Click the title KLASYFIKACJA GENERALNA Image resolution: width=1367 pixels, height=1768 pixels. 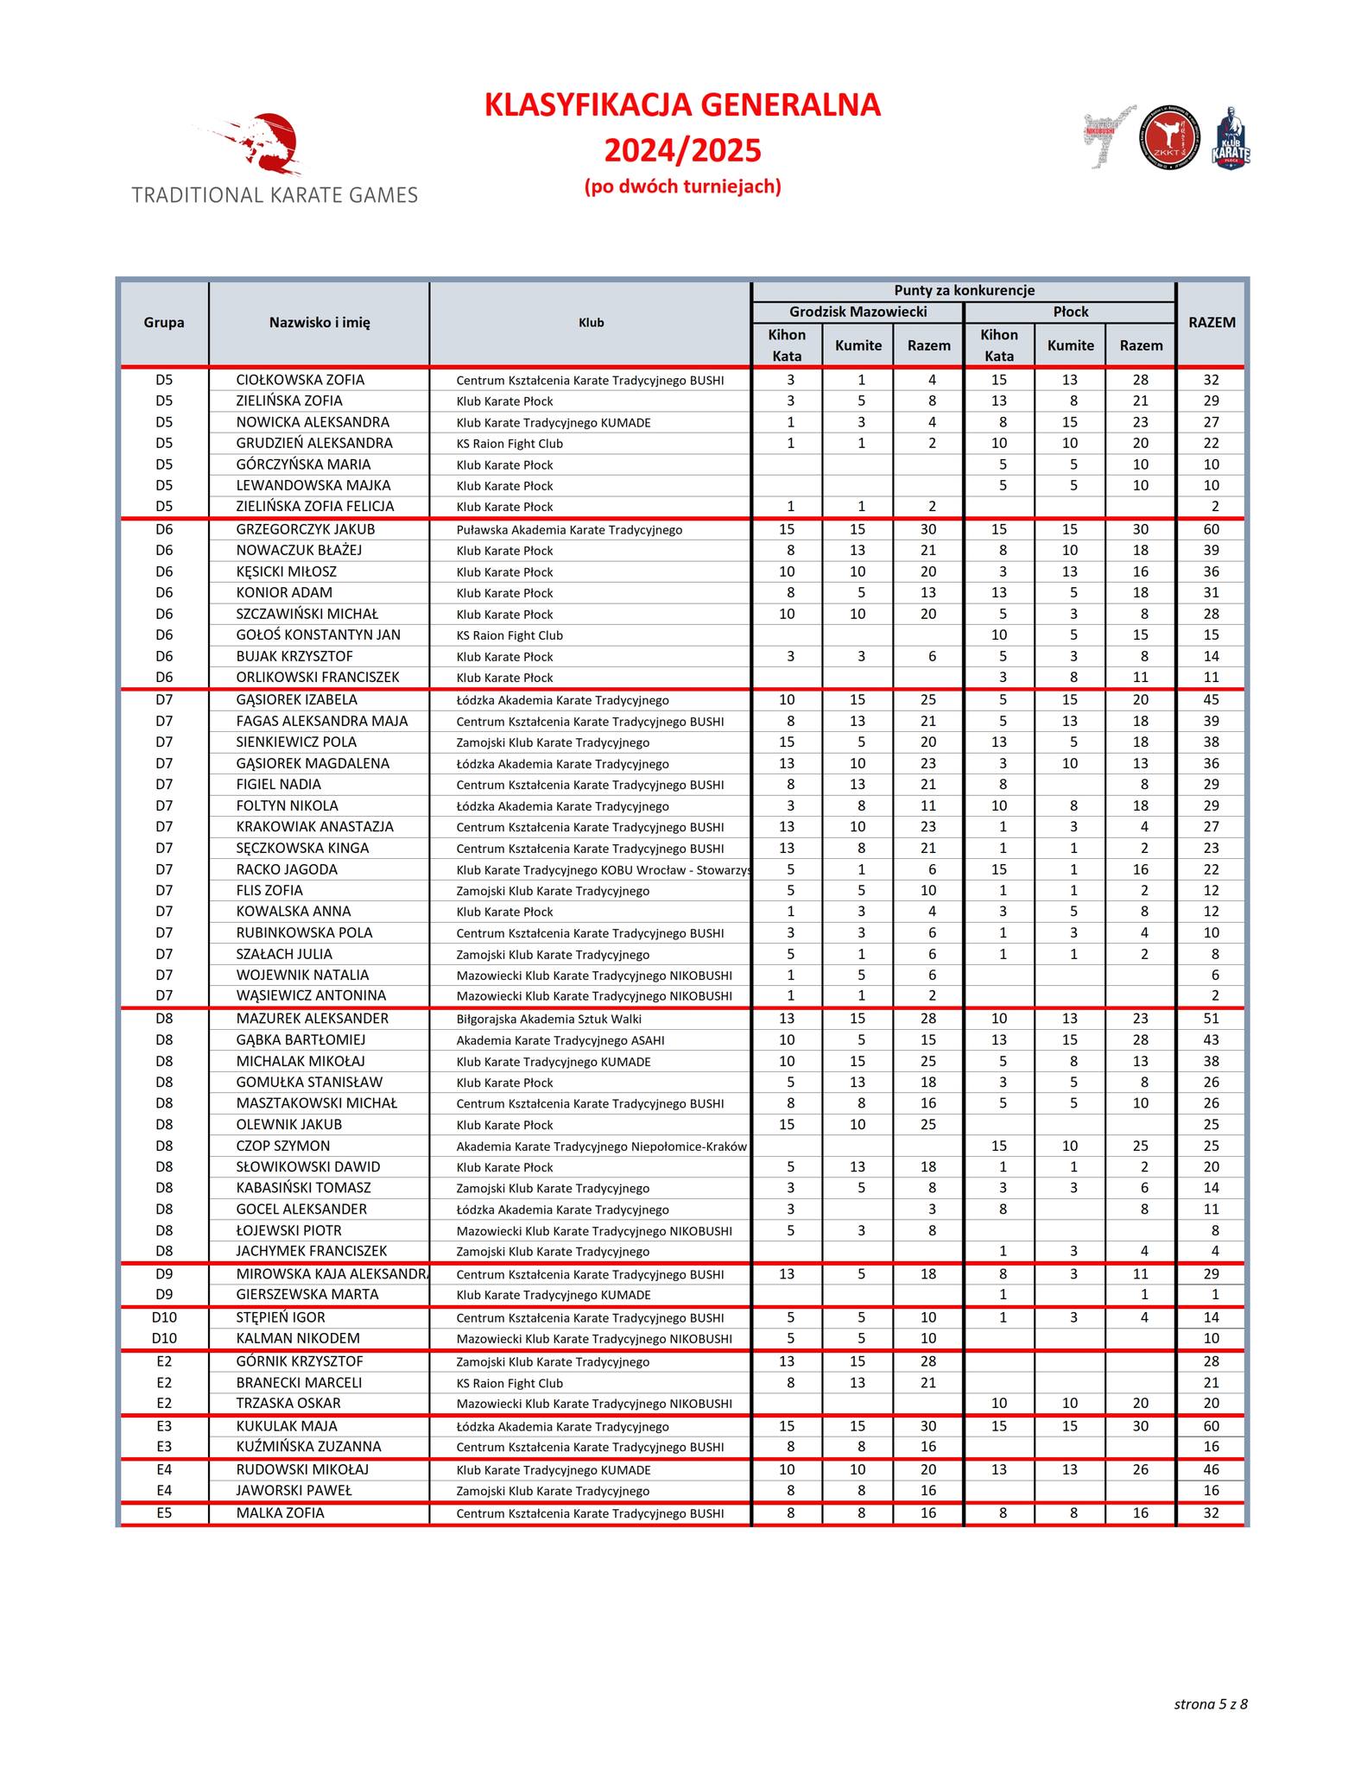[x=682, y=105]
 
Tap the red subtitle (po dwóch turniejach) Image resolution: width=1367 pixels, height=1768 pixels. [x=682, y=186]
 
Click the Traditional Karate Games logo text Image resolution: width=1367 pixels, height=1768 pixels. [x=275, y=195]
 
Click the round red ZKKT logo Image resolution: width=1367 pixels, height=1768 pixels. [x=1169, y=138]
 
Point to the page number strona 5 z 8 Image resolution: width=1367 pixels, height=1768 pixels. [x=1210, y=1703]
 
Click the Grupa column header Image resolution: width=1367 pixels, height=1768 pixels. [x=164, y=323]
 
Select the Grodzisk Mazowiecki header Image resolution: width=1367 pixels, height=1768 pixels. [x=858, y=312]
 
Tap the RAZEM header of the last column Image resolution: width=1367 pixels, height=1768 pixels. [x=1212, y=323]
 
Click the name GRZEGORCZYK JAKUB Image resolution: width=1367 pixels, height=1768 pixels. [x=306, y=529]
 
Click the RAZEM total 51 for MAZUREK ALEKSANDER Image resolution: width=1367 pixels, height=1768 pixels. [x=1212, y=1019]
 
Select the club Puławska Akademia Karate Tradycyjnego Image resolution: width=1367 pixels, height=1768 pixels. [x=569, y=530]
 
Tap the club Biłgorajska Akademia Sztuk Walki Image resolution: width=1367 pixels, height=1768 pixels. [x=548, y=1020]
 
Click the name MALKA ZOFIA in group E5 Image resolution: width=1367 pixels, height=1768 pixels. [x=281, y=1512]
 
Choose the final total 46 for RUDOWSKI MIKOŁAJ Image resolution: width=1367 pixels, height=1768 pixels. [x=1212, y=1469]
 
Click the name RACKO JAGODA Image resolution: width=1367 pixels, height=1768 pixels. [x=287, y=869]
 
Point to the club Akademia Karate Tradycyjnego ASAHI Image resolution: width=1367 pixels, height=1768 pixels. [x=560, y=1040]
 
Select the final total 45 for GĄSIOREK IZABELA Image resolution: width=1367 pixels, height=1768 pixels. [x=1212, y=700]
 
